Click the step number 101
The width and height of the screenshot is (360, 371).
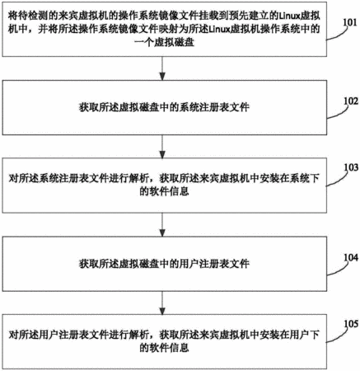[350, 22]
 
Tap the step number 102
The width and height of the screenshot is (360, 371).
[351, 101]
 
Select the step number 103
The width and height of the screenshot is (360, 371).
[351, 167]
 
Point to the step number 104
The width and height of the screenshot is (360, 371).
[351, 257]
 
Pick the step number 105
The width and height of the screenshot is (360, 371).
[351, 324]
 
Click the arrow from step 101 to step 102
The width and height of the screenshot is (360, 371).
[162, 68]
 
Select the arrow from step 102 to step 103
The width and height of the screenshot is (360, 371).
[162, 147]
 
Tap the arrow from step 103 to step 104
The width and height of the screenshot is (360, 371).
[162, 225]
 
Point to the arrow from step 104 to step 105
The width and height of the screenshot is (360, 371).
[162, 303]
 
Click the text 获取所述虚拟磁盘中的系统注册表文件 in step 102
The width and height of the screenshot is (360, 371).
[164, 107]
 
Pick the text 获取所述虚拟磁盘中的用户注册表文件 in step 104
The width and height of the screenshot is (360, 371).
[164, 264]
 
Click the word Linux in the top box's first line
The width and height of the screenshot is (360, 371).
[289, 16]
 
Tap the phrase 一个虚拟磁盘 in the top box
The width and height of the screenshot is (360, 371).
[165, 42]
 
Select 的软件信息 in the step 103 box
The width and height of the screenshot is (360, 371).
[164, 191]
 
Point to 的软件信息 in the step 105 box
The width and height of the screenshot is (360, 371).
[164, 348]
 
